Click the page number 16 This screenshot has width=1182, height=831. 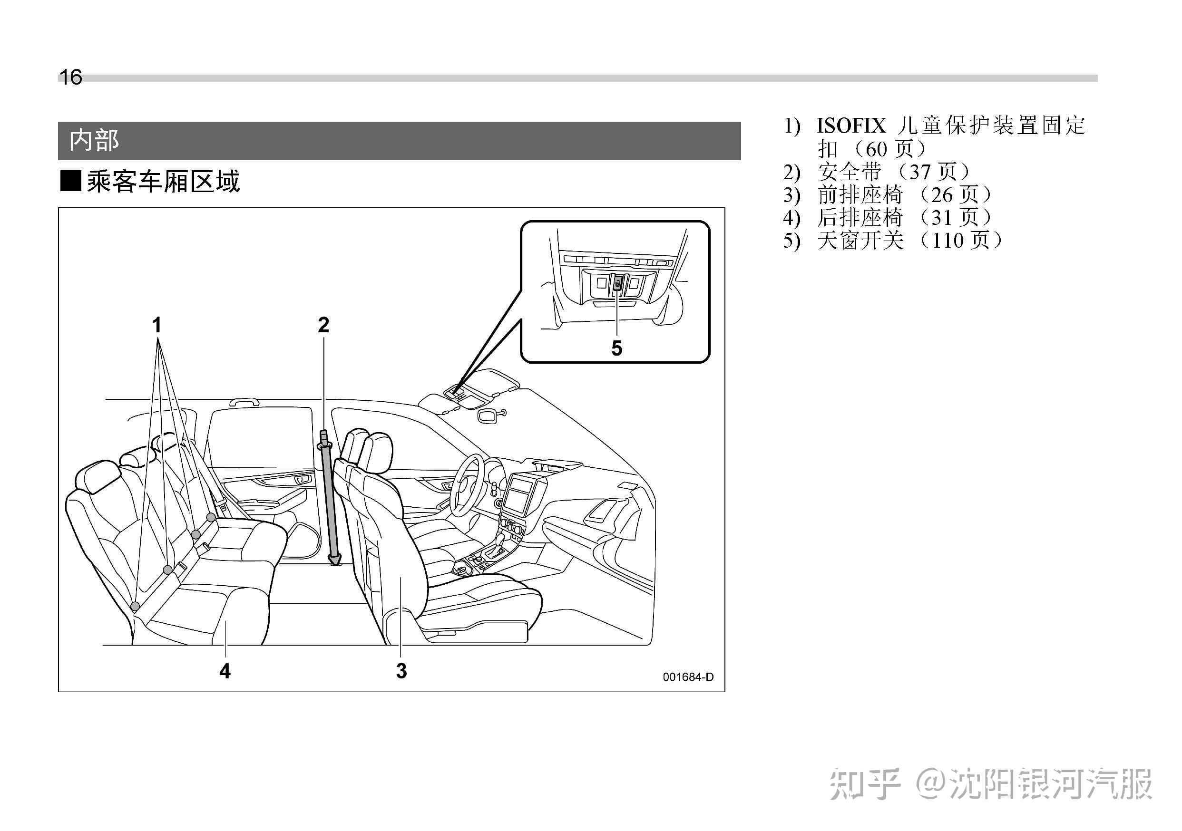tap(70, 77)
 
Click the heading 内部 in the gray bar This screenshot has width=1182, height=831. tap(94, 140)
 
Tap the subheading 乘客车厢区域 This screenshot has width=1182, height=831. tap(163, 182)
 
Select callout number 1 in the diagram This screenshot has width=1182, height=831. tap(157, 325)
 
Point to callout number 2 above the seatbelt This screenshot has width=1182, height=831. tap(323, 325)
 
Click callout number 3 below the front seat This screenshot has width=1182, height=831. tap(401, 671)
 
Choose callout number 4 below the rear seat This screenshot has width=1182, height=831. tap(225, 671)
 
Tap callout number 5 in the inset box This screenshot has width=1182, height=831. tap(617, 349)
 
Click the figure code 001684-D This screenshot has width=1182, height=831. tap(688, 677)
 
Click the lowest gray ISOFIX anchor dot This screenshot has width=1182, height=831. tap(135, 607)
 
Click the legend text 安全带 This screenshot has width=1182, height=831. tap(850, 172)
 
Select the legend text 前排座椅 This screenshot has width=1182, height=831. tap(860, 194)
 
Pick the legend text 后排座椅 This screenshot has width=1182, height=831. tap(860, 218)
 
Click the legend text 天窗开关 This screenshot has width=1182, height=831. tap(860, 240)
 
